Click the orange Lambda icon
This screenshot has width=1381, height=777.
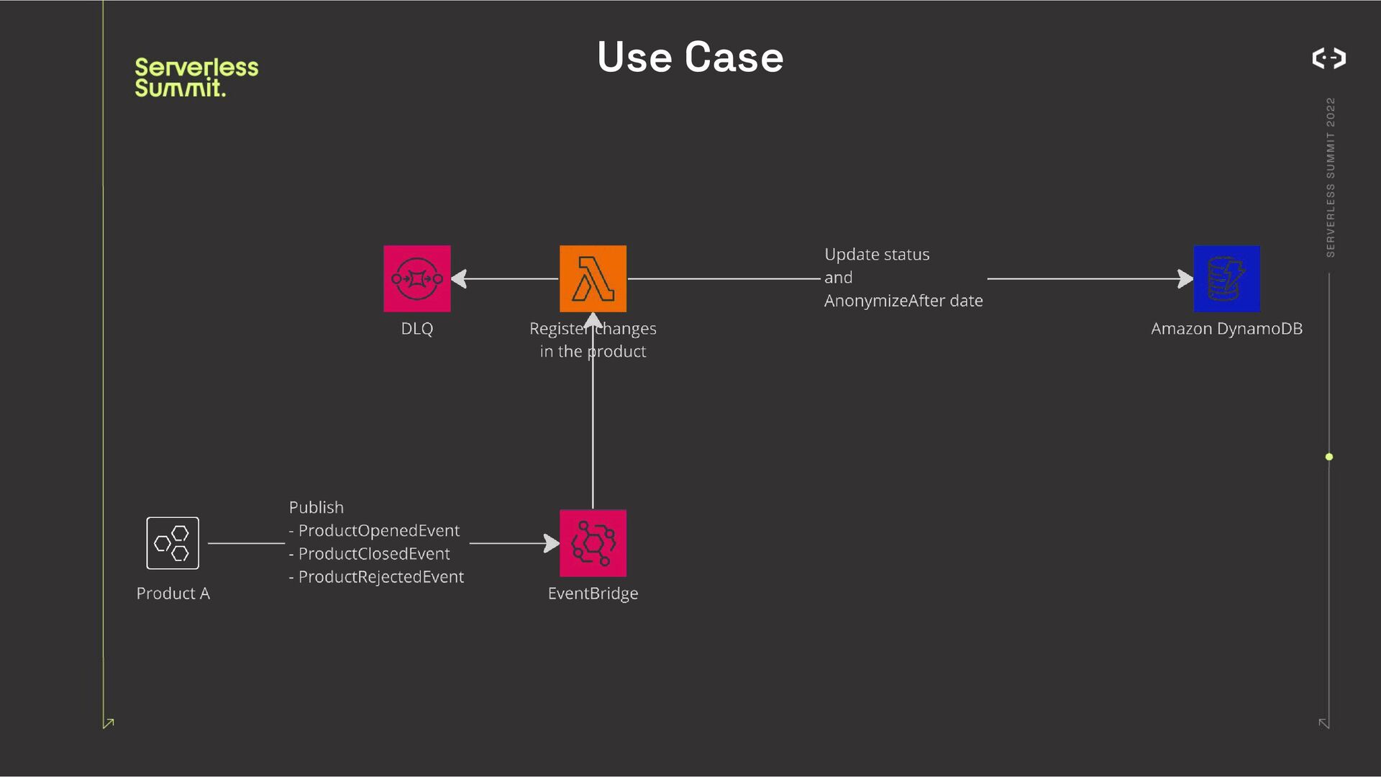[593, 278]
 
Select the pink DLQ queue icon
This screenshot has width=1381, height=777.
[416, 278]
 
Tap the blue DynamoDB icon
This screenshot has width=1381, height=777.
[1226, 278]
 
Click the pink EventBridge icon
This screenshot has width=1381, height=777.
[593, 543]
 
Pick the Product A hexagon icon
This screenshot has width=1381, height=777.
[173, 543]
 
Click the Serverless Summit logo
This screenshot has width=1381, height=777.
[196, 77]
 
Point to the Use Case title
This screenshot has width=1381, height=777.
[690, 57]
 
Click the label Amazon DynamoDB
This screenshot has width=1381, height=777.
[1226, 329]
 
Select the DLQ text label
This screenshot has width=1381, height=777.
[416, 329]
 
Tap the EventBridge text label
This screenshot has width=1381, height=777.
[593, 594]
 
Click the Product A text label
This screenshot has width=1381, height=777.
[173, 594]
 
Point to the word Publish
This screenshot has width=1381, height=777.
[316, 508]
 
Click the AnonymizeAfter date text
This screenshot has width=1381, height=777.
[903, 301]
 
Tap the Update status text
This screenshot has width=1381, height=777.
[877, 255]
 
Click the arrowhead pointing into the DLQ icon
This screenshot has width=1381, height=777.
[459, 278]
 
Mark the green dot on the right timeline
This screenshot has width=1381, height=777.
[1329, 457]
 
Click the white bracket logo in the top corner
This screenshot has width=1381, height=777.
[1328, 58]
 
